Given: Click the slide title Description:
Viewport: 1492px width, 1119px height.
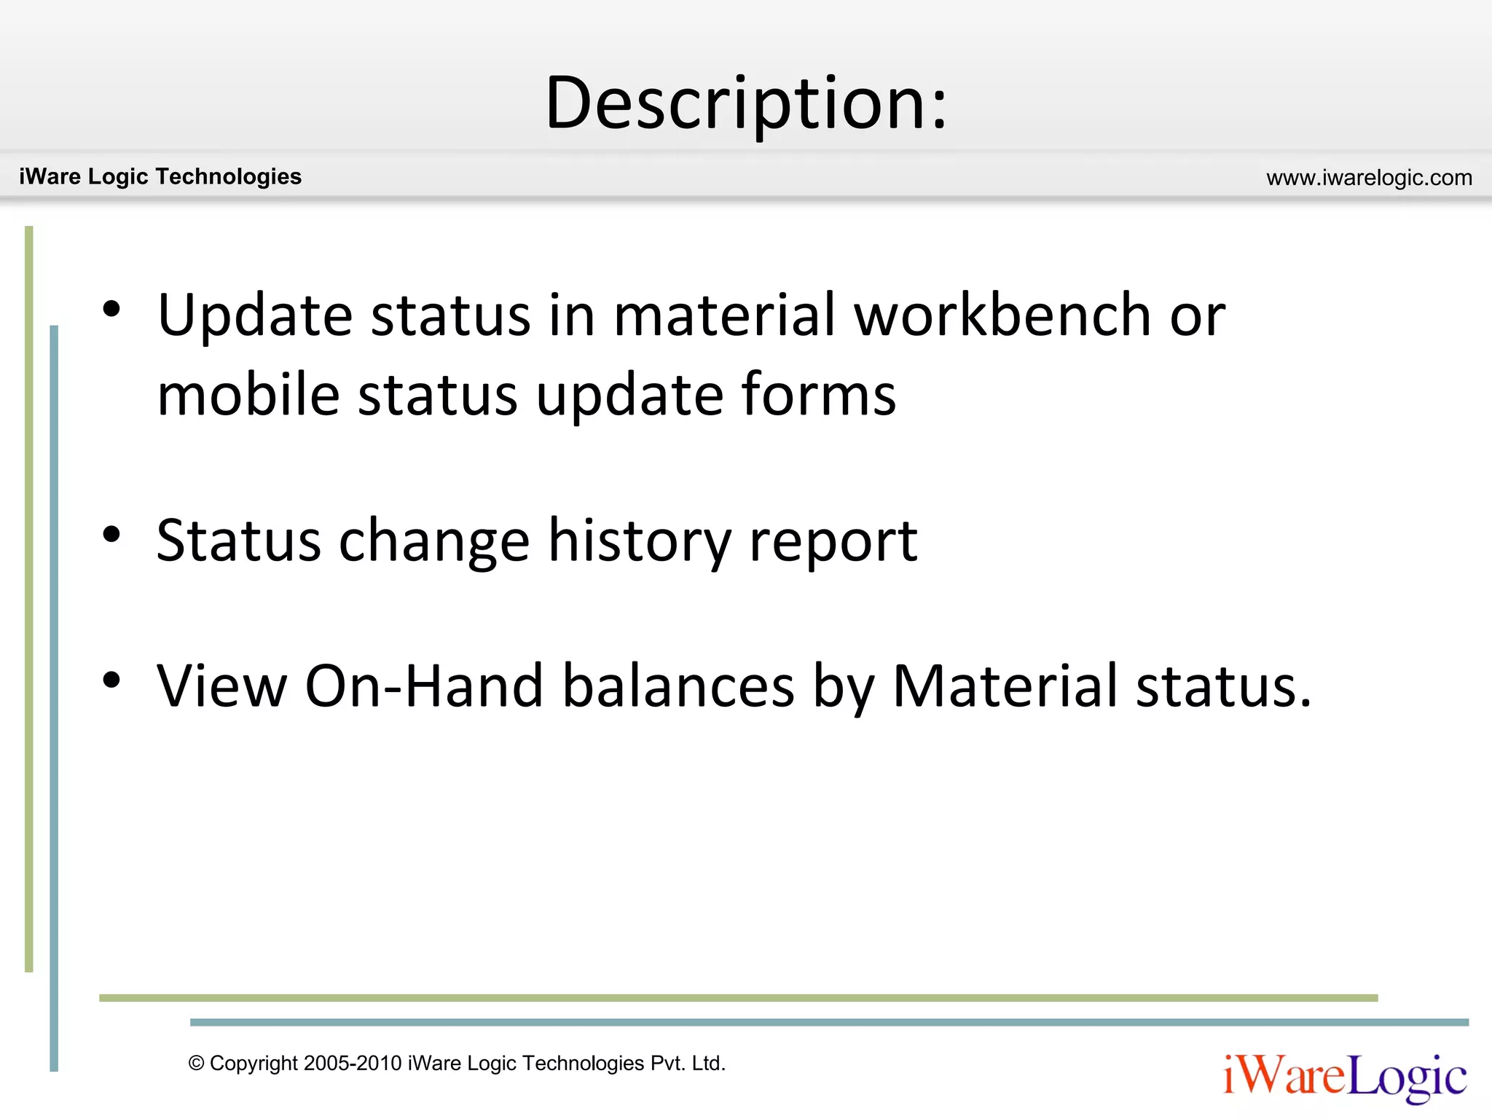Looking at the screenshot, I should pos(746,103).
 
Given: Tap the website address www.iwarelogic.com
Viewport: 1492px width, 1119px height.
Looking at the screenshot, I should pos(1369,178).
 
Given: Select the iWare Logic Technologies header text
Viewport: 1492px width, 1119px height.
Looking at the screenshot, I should pos(160,176).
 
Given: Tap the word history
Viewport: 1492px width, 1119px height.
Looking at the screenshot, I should pos(640,541).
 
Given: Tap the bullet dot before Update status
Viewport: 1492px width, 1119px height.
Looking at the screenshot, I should pos(111,309).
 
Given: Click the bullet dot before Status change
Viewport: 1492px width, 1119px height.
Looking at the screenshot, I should pos(111,535).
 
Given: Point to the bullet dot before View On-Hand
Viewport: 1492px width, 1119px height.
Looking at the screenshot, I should pos(111,680).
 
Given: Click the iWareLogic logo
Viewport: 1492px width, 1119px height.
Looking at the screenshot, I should pos(1345,1077).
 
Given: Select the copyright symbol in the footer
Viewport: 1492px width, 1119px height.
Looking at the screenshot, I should pos(196,1064).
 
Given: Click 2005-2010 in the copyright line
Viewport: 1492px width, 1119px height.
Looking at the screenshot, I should pos(353,1064).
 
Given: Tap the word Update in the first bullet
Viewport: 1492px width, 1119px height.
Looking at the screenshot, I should pos(255,316).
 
